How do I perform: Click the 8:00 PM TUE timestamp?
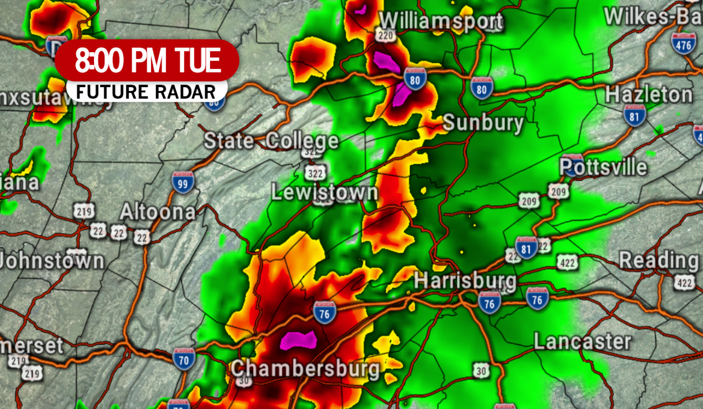click(x=148, y=61)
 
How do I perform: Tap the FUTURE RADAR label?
click(x=146, y=92)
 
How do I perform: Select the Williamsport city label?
click(x=441, y=22)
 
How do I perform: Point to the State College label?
click(x=271, y=141)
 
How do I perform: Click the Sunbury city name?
click(x=483, y=123)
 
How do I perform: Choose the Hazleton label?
click(x=649, y=95)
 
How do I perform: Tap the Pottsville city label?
click(x=603, y=167)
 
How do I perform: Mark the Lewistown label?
click(x=324, y=192)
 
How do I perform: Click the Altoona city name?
click(x=158, y=212)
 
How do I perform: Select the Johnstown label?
click(x=52, y=261)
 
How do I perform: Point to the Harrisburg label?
click(x=465, y=281)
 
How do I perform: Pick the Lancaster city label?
click(x=582, y=342)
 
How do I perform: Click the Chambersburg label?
click(x=305, y=369)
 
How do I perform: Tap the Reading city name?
click(x=659, y=259)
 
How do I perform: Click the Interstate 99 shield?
click(x=183, y=183)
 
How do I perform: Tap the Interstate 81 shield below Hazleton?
click(x=635, y=115)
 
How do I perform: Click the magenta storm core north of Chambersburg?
click(x=298, y=340)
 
